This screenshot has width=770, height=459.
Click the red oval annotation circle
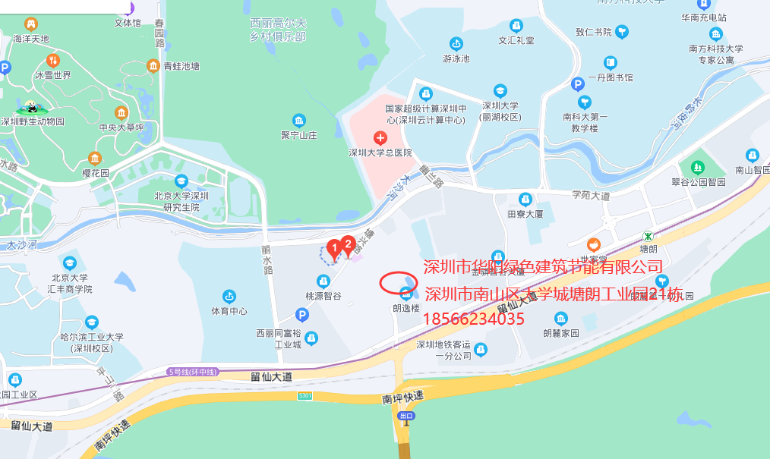click(x=399, y=282)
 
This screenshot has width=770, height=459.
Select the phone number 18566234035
click(x=474, y=319)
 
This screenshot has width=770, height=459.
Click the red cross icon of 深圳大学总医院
click(x=380, y=138)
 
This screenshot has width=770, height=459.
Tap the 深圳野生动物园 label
click(x=33, y=121)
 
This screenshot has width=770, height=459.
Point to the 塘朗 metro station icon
click(x=648, y=236)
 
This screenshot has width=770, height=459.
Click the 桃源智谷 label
click(x=323, y=296)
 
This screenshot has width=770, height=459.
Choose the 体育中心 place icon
click(x=229, y=297)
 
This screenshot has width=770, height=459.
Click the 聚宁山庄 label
click(x=298, y=135)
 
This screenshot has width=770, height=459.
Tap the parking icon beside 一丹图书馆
click(x=578, y=84)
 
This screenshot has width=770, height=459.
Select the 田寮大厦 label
click(x=525, y=214)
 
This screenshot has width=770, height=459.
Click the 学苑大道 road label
click(x=591, y=195)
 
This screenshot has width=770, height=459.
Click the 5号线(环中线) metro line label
click(x=193, y=372)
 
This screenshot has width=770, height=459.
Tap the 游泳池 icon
click(x=456, y=44)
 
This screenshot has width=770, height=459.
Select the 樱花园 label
click(x=95, y=173)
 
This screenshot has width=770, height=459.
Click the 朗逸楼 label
click(x=406, y=308)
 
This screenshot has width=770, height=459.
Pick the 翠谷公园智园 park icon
click(x=697, y=167)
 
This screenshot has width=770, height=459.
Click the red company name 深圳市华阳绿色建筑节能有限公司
click(x=543, y=267)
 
